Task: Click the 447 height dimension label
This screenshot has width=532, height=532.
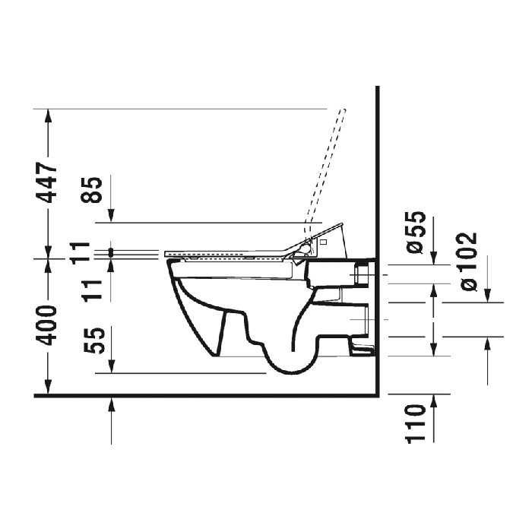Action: (48, 182)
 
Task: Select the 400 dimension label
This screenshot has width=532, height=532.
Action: (48, 325)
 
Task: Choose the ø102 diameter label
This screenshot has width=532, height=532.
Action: (469, 261)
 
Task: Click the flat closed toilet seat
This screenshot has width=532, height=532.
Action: (228, 252)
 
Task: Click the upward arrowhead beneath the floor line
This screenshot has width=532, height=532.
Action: (112, 404)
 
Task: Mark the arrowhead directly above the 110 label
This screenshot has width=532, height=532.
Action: (433, 401)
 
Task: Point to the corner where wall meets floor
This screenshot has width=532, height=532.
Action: (378, 395)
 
